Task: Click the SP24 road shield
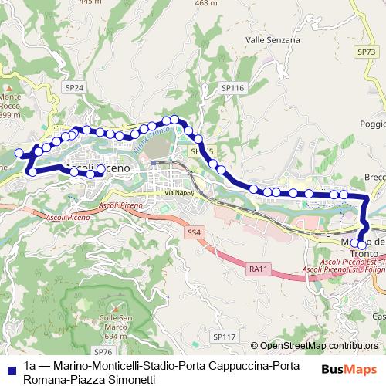(x=74, y=89)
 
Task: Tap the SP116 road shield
(x=232, y=89)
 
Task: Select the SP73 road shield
(x=366, y=51)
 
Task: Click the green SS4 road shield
(x=194, y=232)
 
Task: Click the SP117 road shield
(x=224, y=337)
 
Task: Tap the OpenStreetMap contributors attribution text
(x=319, y=347)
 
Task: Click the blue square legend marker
(x=8, y=367)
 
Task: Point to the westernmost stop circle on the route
(x=19, y=154)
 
